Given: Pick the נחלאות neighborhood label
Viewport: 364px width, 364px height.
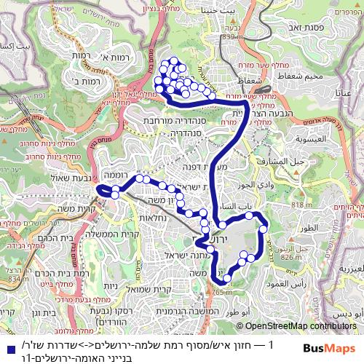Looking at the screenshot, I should [x=154, y=217].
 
